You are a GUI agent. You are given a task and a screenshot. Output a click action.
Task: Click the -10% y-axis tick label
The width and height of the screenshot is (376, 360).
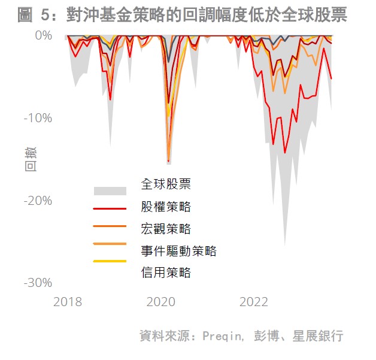click(38, 117)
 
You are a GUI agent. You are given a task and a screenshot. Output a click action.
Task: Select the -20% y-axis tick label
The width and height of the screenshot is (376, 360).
click(38, 201)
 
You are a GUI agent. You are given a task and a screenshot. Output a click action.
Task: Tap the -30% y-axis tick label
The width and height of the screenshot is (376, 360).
click(38, 283)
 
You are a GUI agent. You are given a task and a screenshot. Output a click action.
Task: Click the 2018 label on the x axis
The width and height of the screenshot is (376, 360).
click(68, 302)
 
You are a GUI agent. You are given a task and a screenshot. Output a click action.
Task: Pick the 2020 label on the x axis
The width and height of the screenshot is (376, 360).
click(161, 302)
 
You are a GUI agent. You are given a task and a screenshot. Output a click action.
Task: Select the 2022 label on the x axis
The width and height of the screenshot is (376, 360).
click(254, 302)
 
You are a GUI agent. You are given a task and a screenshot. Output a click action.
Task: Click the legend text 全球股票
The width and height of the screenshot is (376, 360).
click(166, 184)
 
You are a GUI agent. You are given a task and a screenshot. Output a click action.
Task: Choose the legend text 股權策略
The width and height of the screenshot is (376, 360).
click(166, 207)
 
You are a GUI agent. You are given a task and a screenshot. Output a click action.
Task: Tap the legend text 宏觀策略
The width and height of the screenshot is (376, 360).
click(166, 229)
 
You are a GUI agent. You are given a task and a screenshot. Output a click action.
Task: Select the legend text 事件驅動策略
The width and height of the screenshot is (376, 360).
click(178, 251)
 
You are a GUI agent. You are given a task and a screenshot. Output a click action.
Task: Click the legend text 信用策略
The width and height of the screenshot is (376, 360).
click(166, 273)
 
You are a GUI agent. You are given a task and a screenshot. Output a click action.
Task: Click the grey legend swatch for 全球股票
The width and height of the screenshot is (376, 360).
click(110, 191)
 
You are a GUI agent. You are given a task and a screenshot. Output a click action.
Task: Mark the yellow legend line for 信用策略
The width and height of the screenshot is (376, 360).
click(110, 261)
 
